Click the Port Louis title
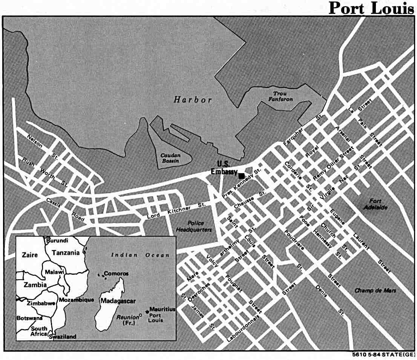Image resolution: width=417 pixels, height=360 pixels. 371,8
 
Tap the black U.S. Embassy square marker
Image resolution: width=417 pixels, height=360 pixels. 241,175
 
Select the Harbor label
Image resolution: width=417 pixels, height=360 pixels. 193,100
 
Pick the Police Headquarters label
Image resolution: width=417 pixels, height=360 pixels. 194,227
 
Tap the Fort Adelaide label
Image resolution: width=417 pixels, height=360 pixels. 378,204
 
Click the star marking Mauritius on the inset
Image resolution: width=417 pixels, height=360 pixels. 147,309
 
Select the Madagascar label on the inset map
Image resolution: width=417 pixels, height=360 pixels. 117,301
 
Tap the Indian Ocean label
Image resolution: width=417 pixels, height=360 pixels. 140,255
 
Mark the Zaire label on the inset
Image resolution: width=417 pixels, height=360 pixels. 30,255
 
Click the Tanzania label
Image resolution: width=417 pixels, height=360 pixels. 66,252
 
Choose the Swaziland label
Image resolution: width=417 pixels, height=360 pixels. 63,337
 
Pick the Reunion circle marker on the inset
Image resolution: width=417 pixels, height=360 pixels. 140,315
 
